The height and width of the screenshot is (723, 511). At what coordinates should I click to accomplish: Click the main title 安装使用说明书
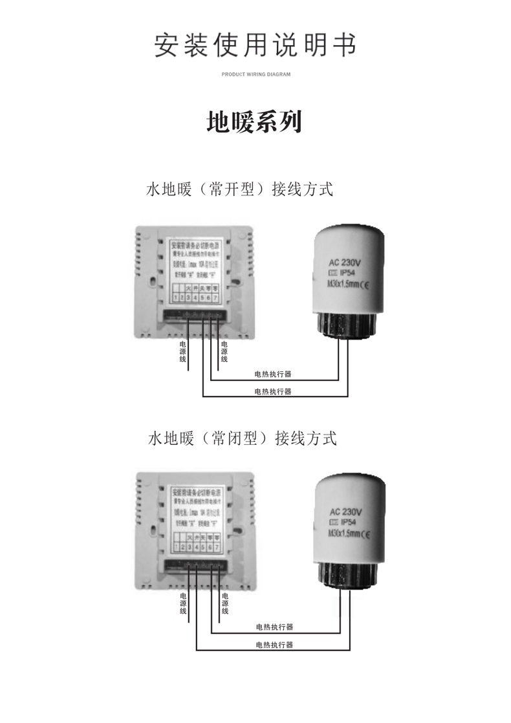pyautogui.click(x=255, y=45)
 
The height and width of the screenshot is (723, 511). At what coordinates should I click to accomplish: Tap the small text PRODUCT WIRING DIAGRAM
pyautogui.click(x=255, y=74)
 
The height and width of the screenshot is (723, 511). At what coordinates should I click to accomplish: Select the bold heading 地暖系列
pyautogui.click(x=254, y=122)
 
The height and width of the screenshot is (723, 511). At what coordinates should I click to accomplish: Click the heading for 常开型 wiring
pyautogui.click(x=239, y=190)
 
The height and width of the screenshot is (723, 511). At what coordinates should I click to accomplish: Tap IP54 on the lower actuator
pyautogui.click(x=347, y=521)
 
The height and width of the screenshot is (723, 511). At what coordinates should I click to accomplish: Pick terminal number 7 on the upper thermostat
pyautogui.click(x=215, y=297)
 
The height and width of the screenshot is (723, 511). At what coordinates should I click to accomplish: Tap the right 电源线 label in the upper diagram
pyautogui.click(x=224, y=351)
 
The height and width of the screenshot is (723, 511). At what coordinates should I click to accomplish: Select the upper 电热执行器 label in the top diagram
pyautogui.click(x=272, y=374)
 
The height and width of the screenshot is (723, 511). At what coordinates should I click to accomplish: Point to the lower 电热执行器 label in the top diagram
pyautogui.click(x=272, y=391)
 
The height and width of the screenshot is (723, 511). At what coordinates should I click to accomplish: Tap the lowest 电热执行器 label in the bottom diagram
pyautogui.click(x=274, y=645)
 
